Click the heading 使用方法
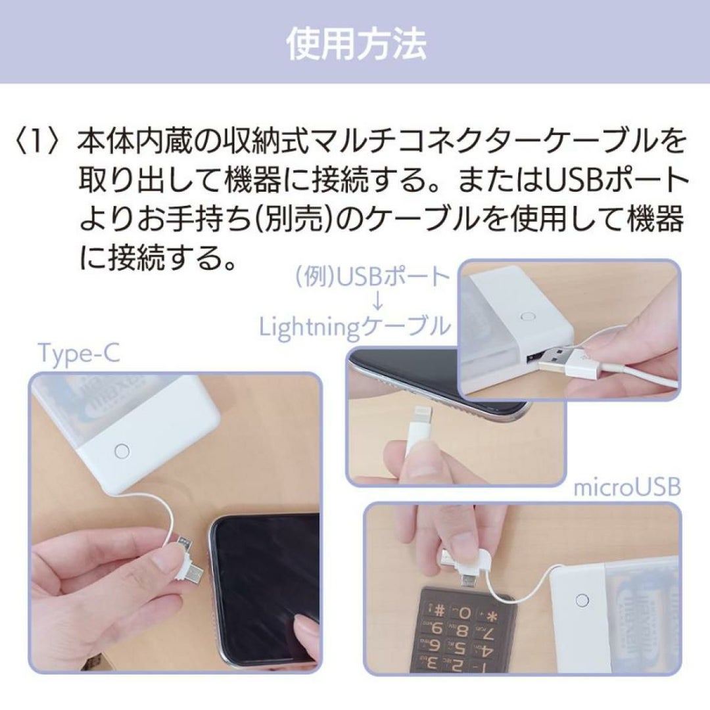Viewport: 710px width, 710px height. (356, 45)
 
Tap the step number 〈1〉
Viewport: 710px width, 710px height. (37, 142)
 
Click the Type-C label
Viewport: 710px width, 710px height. (80, 354)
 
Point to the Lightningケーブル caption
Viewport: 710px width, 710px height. (354, 327)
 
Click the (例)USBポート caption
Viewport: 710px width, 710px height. (373, 278)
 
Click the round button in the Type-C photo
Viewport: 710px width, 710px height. (122, 451)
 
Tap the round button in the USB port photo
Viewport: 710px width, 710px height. (527, 316)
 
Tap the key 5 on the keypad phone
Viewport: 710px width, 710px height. (458, 646)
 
